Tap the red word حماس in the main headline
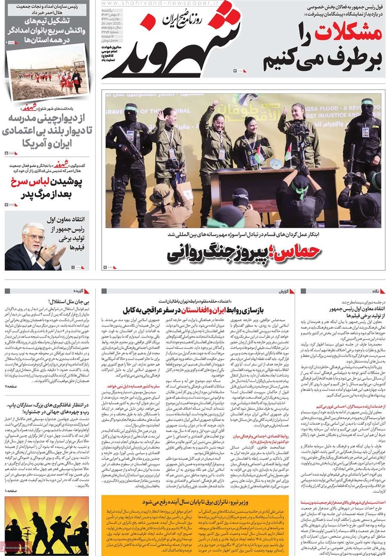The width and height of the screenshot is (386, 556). (301, 252)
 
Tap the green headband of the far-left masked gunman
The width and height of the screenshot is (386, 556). (131, 107)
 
